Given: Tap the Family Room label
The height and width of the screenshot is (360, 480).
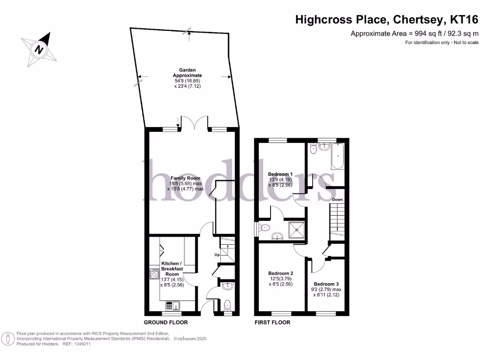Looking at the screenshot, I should [185, 178].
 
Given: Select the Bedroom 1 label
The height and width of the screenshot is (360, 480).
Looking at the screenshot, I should [280, 174].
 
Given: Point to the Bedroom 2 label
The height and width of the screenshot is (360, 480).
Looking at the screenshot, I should [281, 273].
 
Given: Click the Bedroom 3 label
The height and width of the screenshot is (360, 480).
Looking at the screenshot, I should [326, 284].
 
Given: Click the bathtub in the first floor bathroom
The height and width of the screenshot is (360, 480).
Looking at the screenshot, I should [337, 157].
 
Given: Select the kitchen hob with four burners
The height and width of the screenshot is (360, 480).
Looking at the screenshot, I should [154, 274].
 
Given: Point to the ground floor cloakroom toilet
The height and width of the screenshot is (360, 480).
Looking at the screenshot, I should [228, 305].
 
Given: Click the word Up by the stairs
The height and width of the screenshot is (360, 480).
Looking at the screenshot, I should [217, 255].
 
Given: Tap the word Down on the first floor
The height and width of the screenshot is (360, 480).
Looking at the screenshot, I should [337, 200].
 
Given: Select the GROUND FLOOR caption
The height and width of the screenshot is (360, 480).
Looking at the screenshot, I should [165, 322].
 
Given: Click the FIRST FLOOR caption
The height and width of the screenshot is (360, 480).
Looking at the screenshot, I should [272, 322].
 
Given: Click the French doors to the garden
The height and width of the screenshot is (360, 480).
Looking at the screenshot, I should [195, 124].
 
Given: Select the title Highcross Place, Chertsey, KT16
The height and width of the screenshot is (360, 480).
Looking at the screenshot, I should [387, 20].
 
